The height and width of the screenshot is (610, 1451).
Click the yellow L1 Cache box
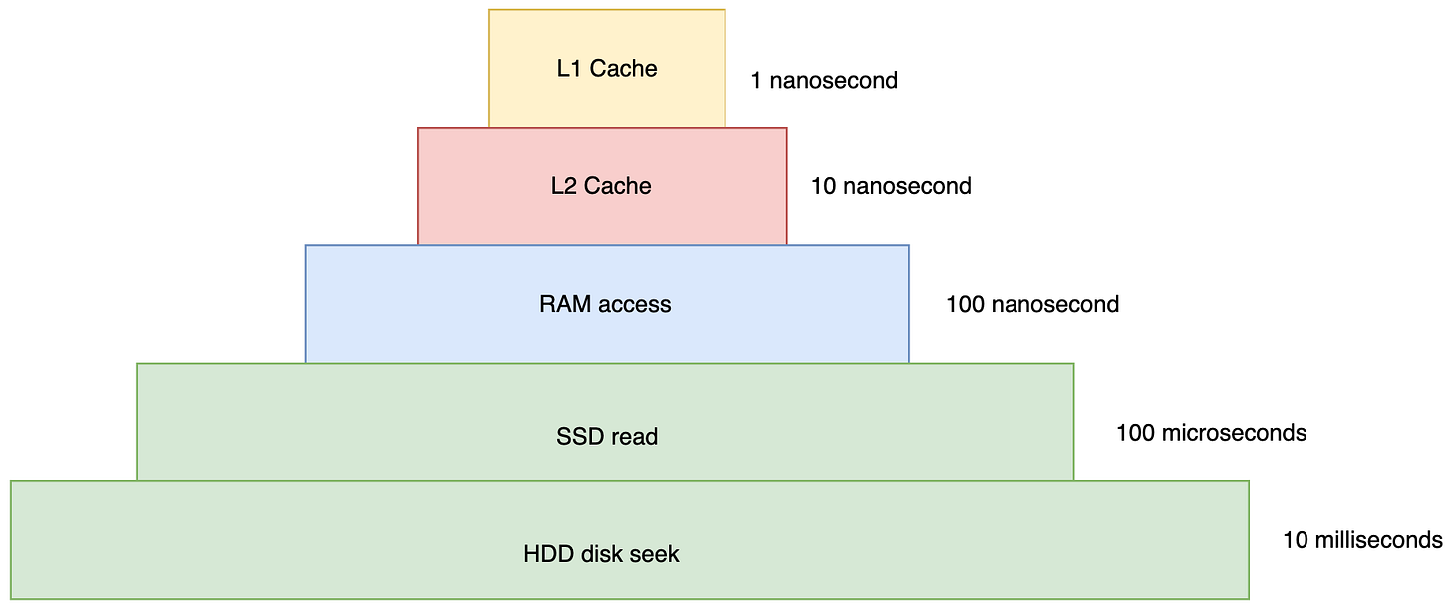pyautogui.click(x=607, y=68)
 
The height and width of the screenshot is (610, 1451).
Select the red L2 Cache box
pyautogui.click(x=602, y=185)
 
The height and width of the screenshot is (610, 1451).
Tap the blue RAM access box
pyautogui.click(x=607, y=304)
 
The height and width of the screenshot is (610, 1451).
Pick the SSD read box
pyautogui.click(x=605, y=423)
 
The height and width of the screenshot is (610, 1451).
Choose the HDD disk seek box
pyautogui.click(x=630, y=540)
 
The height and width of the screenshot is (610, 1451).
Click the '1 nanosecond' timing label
pyautogui.click(x=824, y=81)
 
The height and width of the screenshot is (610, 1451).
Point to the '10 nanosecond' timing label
pyautogui.click(x=891, y=186)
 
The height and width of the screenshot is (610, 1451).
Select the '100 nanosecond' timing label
pyautogui.click(x=1032, y=304)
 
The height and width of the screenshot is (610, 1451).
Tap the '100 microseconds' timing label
pyautogui.click(x=1212, y=433)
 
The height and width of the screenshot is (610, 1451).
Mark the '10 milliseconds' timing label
pyautogui.click(x=1363, y=540)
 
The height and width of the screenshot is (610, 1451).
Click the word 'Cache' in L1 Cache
pyautogui.click(x=623, y=68)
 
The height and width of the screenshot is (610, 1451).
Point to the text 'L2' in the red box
pyautogui.click(x=564, y=186)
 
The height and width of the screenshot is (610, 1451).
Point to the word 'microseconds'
pyautogui.click(x=1234, y=433)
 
